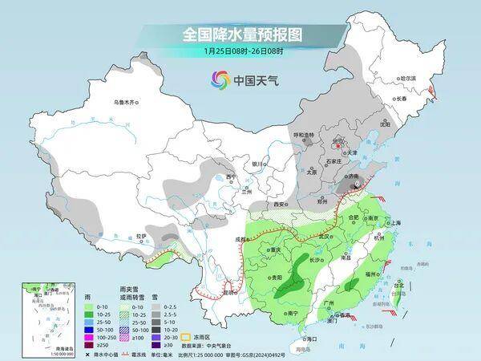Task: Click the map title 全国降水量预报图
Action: coord(240,34)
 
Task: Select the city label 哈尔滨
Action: coord(409,79)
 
